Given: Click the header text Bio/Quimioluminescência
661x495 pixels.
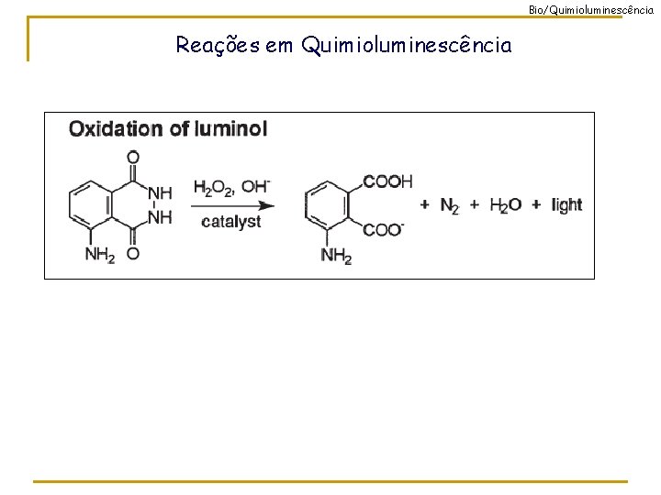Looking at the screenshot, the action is coord(593,8).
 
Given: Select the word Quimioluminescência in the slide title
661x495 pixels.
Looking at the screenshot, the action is coord(406,45).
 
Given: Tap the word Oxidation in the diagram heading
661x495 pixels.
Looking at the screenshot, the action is coord(116,129).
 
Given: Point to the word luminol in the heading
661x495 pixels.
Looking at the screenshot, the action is coord(230,129).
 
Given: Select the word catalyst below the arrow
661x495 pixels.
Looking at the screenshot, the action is coord(231,222).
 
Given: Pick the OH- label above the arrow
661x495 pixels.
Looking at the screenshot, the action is coord(256,186).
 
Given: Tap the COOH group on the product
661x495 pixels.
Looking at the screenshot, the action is coord(387,181).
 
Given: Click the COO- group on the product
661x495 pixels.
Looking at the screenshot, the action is coord(384,229).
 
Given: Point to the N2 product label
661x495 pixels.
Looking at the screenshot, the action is coord(450,206).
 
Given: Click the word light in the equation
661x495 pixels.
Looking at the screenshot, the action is coord(566,205).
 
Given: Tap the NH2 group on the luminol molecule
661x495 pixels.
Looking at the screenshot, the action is coord(100,254).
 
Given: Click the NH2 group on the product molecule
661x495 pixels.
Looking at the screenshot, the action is coord(336,255).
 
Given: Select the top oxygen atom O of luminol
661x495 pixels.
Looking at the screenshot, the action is coord(133,157).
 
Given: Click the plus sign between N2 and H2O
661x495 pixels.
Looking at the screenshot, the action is coord(475,205).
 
